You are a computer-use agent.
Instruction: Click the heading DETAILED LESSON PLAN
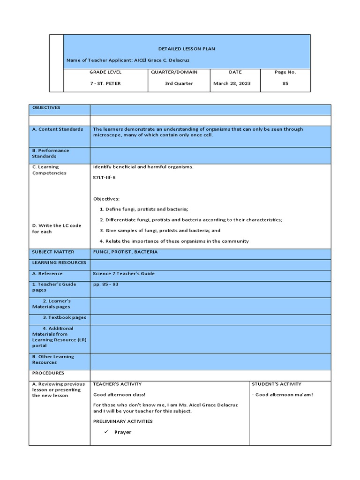coord(187,49)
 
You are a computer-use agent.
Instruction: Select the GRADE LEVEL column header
coord(105,72)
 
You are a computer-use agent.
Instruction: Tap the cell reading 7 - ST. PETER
coord(105,83)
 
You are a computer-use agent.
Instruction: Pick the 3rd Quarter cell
coord(178,83)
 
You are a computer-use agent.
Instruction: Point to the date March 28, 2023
coord(232,83)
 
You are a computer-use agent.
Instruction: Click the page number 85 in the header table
coord(285,83)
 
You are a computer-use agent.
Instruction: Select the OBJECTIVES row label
coord(46,108)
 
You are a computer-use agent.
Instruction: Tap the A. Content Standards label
coord(58,129)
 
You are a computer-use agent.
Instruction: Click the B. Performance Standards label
coord(50,153)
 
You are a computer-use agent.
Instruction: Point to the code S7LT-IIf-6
coord(104,178)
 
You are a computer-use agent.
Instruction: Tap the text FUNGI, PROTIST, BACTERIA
coord(125,252)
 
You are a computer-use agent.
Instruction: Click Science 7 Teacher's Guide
coord(124,274)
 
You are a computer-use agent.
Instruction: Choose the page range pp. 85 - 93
coord(105,285)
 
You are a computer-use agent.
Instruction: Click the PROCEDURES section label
coord(48,373)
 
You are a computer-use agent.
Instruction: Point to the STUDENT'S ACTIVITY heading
coord(277,384)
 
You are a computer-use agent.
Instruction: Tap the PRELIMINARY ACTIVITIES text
coord(123,421)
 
